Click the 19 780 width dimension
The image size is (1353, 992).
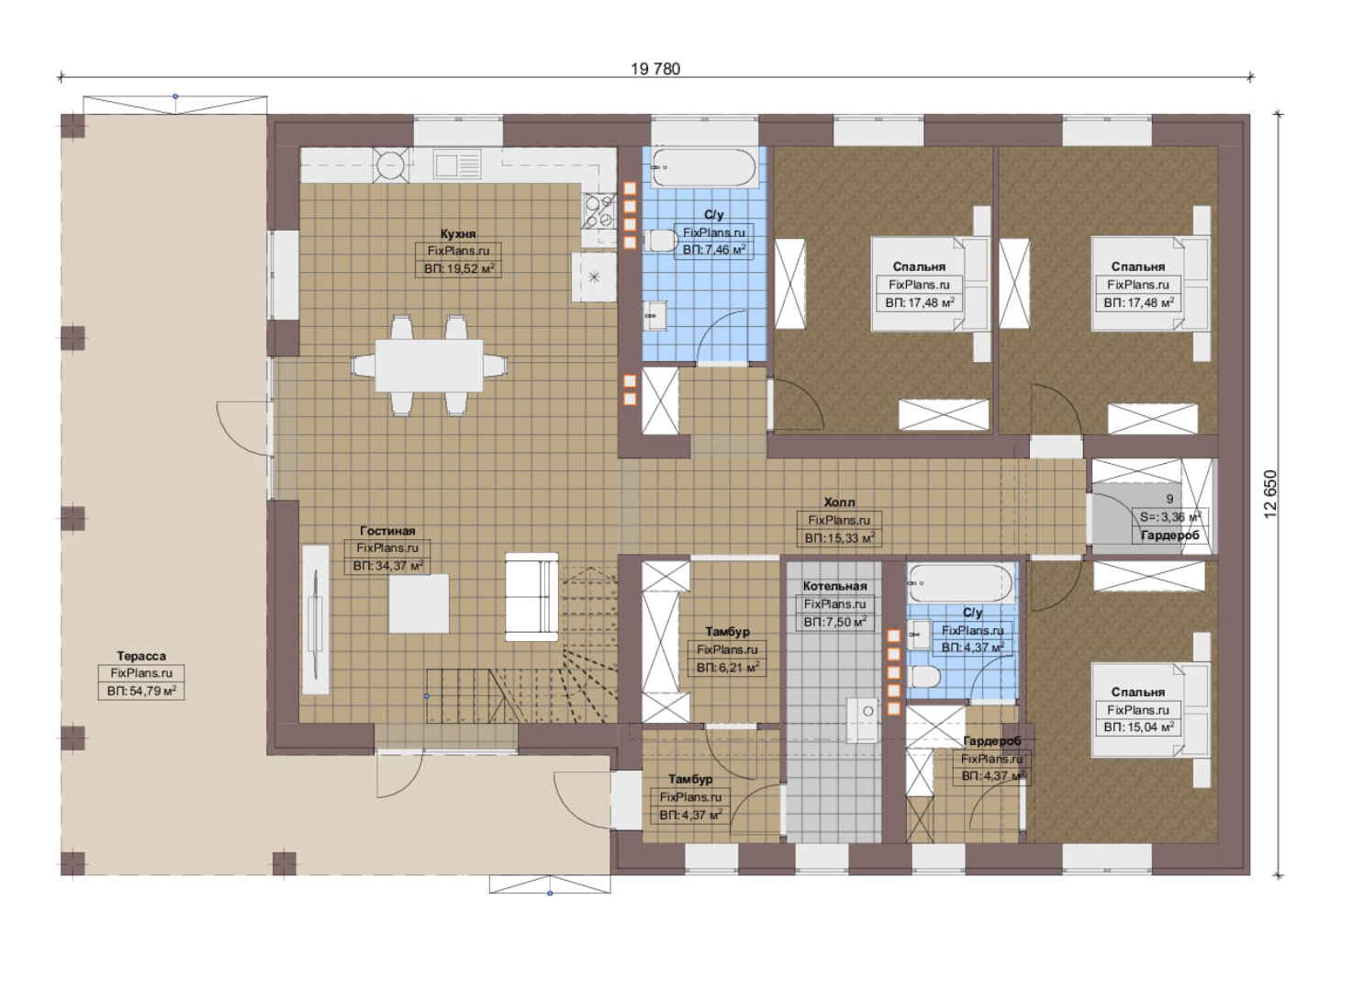[655, 69]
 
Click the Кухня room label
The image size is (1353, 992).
[458, 233]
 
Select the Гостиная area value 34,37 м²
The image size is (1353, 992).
[387, 566]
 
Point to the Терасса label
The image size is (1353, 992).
[141, 656]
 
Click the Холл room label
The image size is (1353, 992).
[839, 502]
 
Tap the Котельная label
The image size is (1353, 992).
[834, 586]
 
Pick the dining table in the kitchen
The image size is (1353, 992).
[429, 366]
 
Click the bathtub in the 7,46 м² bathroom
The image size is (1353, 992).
[704, 167]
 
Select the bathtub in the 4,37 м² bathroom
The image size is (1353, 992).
[960, 582]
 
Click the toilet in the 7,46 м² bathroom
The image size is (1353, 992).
[663, 241]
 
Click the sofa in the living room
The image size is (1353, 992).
[531, 596]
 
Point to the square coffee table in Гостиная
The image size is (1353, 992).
[419, 603]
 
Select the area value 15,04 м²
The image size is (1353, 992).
[1138, 727]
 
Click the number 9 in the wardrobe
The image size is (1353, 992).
[1170, 499]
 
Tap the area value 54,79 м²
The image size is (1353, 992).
[141, 691]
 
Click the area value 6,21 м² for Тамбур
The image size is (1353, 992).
[727, 668]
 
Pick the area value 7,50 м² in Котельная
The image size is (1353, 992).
[834, 622]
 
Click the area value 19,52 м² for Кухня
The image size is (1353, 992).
[459, 269]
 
